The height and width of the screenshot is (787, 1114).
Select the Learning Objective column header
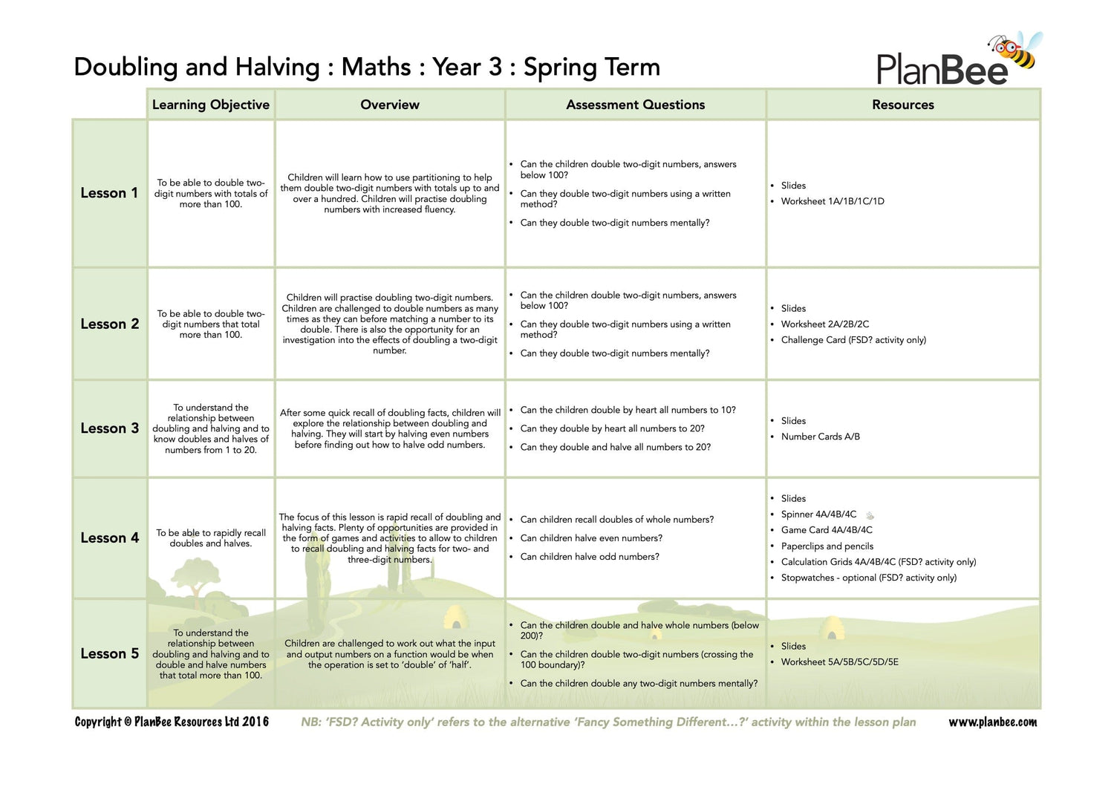tap(211, 105)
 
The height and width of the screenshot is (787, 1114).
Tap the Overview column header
tap(390, 105)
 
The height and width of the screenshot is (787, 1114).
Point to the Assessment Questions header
tap(635, 105)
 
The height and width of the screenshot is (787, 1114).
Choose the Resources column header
tap(902, 105)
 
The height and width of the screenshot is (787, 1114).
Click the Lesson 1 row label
tap(109, 193)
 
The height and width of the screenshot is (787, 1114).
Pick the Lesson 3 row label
tap(109, 428)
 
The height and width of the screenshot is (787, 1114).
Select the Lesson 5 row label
tap(109, 653)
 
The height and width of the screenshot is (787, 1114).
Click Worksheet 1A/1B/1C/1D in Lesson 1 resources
tap(832, 201)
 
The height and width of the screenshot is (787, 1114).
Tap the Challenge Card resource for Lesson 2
tap(853, 340)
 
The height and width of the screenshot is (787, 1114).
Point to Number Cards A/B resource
tap(820, 437)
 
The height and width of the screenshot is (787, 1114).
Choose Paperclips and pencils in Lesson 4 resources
tap(827, 546)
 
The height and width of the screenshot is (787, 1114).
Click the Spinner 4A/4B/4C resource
tap(818, 515)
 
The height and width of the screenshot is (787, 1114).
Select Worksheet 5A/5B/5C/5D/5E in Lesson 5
tap(839, 662)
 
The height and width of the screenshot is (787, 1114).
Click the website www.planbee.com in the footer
tap(992, 722)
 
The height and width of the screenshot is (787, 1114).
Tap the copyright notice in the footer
tap(172, 722)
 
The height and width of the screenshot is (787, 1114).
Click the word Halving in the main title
tap(277, 67)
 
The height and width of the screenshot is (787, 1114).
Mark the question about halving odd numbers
tap(589, 557)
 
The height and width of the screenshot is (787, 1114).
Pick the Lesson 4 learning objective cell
tap(211, 538)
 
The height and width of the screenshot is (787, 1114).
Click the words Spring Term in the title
tap(591, 67)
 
